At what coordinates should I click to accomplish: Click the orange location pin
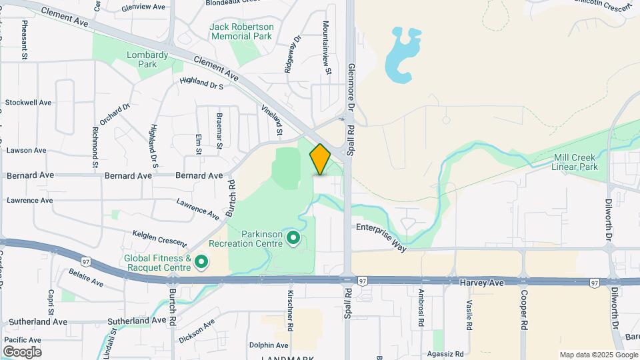click(320, 159)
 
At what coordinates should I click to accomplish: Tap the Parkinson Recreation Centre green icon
click(293, 237)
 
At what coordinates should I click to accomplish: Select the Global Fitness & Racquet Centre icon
click(200, 263)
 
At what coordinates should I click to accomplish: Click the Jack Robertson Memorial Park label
click(241, 31)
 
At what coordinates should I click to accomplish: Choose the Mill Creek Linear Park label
click(575, 162)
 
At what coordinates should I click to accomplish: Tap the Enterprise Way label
click(381, 237)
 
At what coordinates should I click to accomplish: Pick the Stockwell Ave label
click(28, 103)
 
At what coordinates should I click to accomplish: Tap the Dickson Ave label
click(197, 331)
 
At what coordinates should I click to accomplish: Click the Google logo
click(21, 352)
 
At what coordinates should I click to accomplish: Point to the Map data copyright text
click(597, 355)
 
